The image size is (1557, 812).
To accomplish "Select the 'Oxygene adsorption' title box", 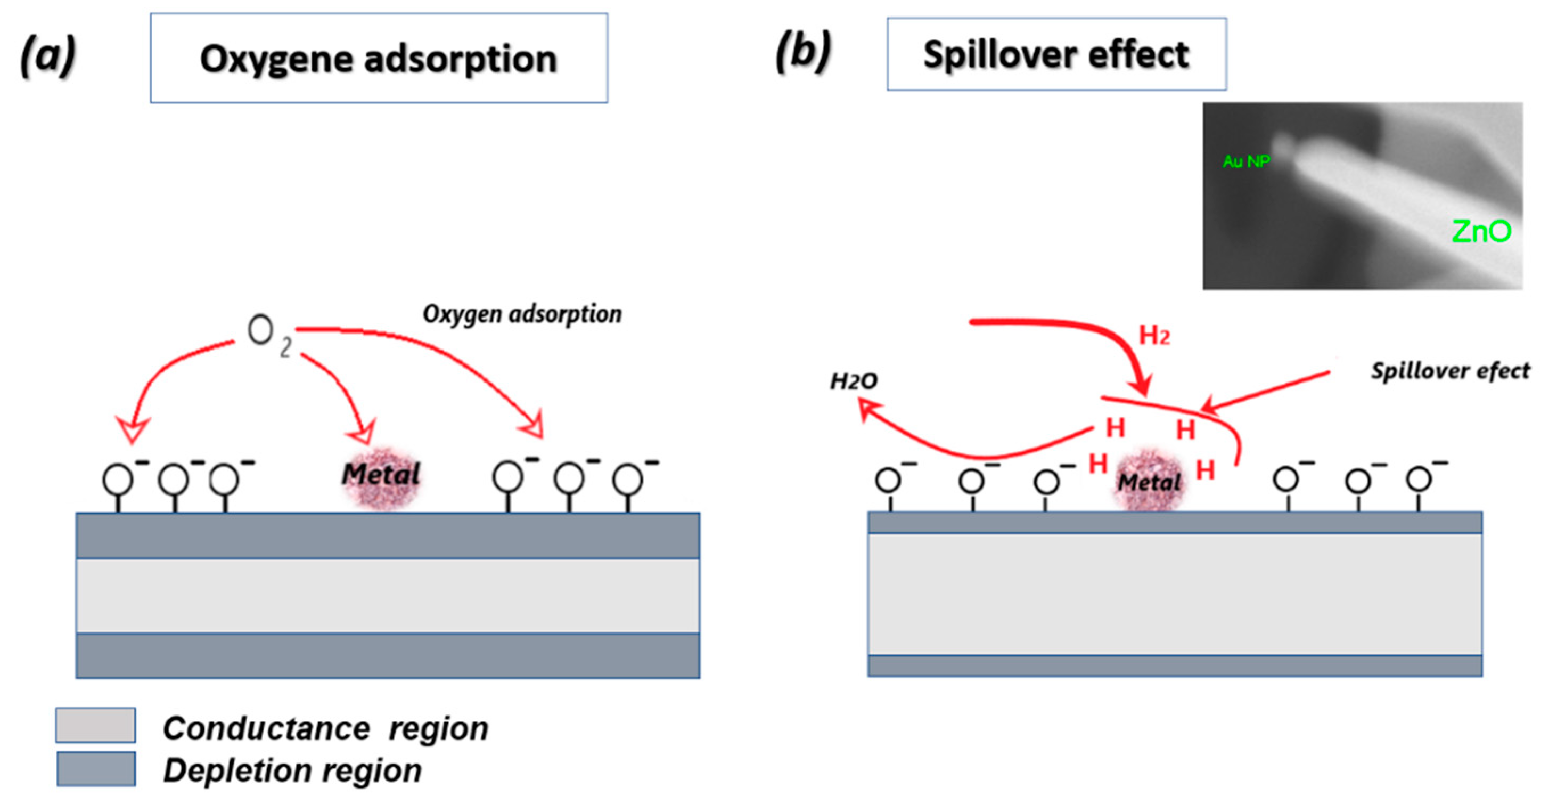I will (379, 59).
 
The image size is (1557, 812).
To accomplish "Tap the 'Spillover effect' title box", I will (1056, 54).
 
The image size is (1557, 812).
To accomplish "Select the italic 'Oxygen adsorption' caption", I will (522, 314).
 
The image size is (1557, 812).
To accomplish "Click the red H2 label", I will (1154, 336).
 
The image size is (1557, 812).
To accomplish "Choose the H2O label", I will (854, 381).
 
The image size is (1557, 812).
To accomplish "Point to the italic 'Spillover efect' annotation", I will (1449, 371).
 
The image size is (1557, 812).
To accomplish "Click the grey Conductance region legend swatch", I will (95, 726).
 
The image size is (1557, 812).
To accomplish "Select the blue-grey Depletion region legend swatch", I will (95, 769).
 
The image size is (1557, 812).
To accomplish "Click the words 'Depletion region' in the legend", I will (292, 771).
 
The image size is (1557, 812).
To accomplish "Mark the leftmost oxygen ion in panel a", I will (118, 480).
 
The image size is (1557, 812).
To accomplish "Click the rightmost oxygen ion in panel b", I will (1419, 480).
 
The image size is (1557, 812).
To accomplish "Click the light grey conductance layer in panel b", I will (1174, 594).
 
